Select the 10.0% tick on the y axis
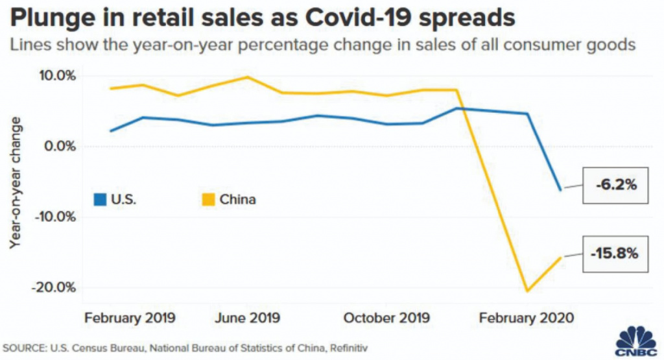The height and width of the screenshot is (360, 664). pos(59,76)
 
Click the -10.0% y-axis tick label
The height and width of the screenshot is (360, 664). pos(56,216)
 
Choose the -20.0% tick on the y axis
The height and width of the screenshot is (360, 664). pos(56,287)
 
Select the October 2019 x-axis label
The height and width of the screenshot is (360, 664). pos(386,318)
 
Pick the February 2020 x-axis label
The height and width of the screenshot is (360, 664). pos(525,318)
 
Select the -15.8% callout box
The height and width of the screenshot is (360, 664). pos(615,253)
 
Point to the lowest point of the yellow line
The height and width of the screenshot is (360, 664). pos(527,291)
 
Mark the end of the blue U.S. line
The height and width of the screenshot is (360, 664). pos(560,190)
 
